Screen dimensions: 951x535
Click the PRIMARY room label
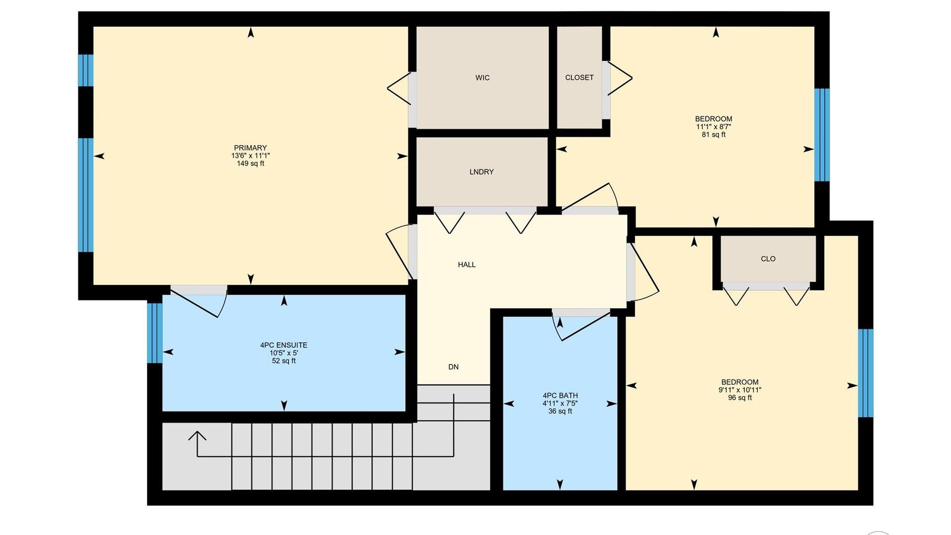[250, 148]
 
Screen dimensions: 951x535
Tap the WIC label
[482, 78]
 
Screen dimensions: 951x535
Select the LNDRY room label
[481, 172]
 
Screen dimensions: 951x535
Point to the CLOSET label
[579, 78]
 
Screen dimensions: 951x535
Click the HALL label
[467, 265]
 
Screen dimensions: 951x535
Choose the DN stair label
[453, 367]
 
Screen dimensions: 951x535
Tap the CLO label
[768, 259]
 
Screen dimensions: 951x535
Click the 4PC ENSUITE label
[284, 345]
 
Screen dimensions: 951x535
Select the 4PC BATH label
[560, 395]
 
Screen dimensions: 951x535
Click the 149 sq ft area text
[250, 163]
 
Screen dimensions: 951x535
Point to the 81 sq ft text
[713, 135]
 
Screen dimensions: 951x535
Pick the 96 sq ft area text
[740, 398]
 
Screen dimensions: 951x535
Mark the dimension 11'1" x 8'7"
[713, 127]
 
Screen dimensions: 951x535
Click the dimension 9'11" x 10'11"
[740, 390]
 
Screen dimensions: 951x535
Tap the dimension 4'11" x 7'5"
[560, 403]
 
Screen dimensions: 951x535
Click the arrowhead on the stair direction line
[197, 435]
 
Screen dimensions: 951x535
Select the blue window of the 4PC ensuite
[155, 333]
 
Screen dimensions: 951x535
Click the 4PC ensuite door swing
[199, 302]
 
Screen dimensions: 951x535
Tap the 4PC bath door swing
[581, 327]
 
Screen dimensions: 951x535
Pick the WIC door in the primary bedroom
[400, 89]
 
